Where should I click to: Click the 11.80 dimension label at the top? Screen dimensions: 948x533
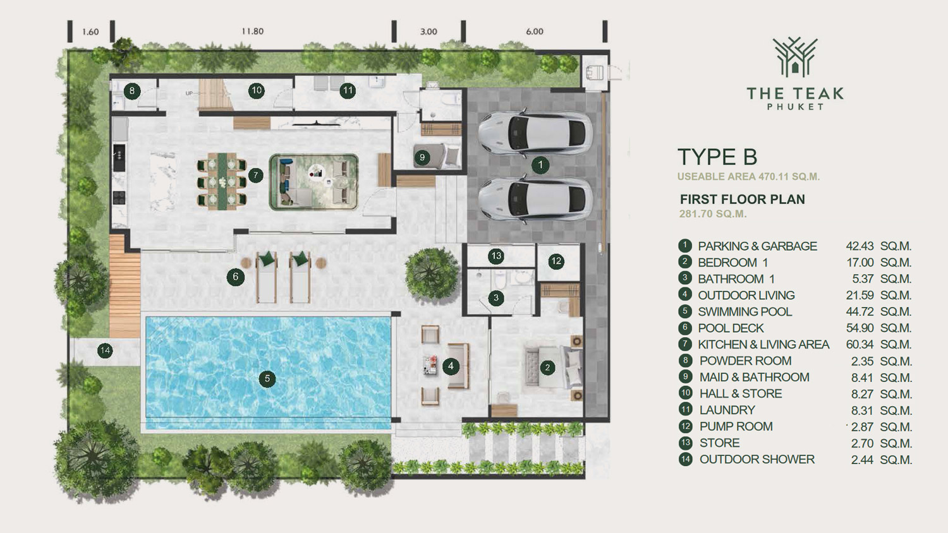point(253,32)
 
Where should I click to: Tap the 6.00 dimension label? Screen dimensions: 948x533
point(535,32)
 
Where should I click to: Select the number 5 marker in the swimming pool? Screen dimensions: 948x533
point(267,379)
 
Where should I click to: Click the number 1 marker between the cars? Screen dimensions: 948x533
point(540,165)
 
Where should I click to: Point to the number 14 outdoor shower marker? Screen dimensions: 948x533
point(105,350)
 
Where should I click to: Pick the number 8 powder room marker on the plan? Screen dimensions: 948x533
point(132,91)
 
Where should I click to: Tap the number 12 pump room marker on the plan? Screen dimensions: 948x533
point(556,261)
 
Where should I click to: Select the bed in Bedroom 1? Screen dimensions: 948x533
point(554,367)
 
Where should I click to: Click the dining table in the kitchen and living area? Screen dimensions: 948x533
point(222,181)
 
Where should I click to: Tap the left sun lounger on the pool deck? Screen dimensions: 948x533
point(266,277)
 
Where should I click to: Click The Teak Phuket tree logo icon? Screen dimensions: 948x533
point(795,57)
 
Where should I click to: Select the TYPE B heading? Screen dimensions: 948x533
point(717,157)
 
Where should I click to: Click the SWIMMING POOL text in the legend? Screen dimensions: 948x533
point(745,312)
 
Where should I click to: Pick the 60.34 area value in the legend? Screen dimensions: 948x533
point(860,344)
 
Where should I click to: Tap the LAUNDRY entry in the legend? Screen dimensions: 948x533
point(727,410)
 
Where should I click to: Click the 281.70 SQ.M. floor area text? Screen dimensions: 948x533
point(713,214)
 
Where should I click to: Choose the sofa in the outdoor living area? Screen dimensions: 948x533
point(458,366)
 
